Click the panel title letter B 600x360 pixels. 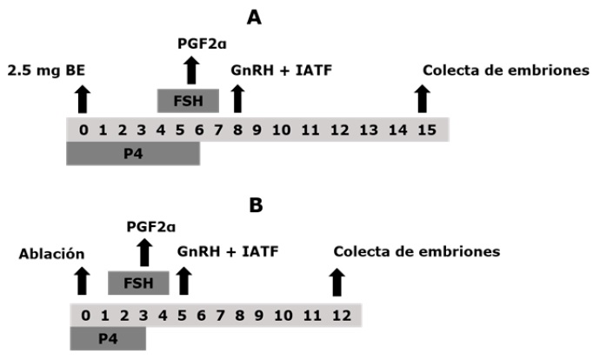click(x=257, y=205)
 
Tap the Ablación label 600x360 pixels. click(x=51, y=254)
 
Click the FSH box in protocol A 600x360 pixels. click(x=188, y=100)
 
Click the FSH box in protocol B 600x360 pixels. click(x=138, y=283)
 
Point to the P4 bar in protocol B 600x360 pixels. click(x=107, y=337)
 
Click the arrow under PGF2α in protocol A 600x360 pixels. click(x=191, y=69)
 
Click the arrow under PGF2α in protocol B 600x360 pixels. click(x=144, y=252)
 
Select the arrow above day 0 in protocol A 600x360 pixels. click(x=83, y=99)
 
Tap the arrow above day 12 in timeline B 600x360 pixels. click(x=337, y=282)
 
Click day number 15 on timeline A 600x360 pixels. click(x=422, y=130)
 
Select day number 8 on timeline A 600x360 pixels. click(x=237, y=130)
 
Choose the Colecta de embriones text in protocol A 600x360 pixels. click(x=506, y=70)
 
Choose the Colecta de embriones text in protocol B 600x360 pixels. click(x=417, y=252)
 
